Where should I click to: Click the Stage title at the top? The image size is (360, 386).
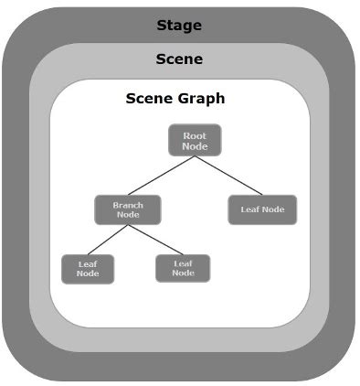[179, 24]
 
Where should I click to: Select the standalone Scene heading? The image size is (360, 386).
[179, 59]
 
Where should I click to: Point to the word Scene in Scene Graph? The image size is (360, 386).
[148, 99]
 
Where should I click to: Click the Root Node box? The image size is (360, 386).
[195, 140]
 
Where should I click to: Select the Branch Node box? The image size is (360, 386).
[128, 209]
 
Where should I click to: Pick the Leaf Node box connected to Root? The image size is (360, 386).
[262, 209]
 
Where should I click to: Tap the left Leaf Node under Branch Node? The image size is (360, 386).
[88, 268]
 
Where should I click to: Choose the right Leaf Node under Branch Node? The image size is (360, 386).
[183, 267]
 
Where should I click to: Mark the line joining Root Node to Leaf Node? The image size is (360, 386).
[228, 175]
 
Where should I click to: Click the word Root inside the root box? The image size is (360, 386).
[195, 135]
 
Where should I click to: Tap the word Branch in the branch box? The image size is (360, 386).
[128, 205]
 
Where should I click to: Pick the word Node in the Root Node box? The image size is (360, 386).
[195, 146]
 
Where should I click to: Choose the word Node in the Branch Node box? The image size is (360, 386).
[128, 215]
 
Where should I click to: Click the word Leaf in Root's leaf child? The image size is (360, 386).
[250, 209]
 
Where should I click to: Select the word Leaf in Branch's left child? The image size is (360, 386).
[88, 263]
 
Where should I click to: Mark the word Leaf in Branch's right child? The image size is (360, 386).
[183, 263]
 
